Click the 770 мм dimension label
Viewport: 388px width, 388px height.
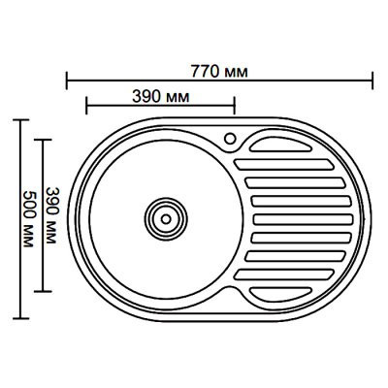click(219, 72)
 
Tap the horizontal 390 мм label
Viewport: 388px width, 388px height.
click(161, 97)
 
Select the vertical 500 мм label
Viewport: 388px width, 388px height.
click(29, 219)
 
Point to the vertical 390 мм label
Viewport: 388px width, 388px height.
click(51, 215)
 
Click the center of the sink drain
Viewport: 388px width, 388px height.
click(166, 219)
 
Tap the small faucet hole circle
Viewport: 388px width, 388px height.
click(230, 139)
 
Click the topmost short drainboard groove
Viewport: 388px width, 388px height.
click(280, 145)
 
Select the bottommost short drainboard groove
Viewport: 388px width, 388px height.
click(280, 294)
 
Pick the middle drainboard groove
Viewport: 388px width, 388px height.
click(304, 219)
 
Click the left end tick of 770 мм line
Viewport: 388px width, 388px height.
click(67, 81)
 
